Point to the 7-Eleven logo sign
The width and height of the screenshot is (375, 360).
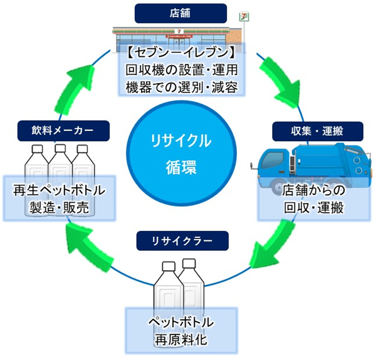point(243,17)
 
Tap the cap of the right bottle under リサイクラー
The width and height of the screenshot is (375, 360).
point(190,263)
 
